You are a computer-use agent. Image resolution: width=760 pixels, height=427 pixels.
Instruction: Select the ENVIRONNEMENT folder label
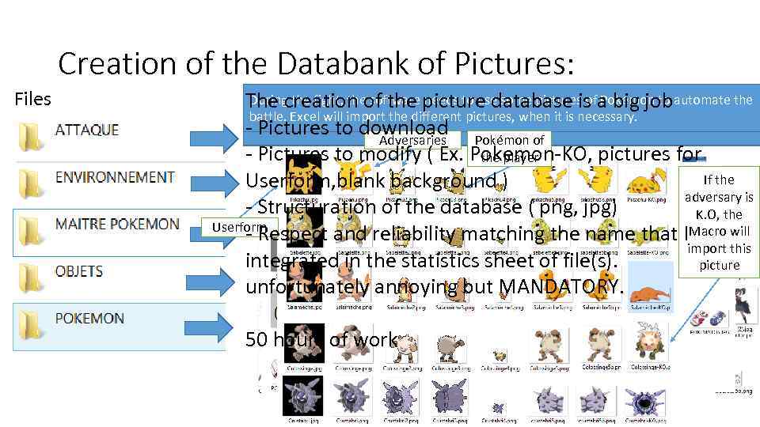coord(115,176)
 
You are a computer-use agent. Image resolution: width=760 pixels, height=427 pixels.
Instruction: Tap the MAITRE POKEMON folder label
coord(117,224)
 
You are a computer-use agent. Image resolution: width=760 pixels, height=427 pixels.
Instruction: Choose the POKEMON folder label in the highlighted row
coord(89,319)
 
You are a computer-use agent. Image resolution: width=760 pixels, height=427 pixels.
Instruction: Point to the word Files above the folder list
coord(32,99)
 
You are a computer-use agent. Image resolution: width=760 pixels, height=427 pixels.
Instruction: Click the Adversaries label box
coord(413,140)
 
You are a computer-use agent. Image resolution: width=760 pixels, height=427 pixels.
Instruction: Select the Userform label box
coord(230,228)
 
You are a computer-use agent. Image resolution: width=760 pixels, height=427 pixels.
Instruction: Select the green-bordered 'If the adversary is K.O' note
coord(718,221)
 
